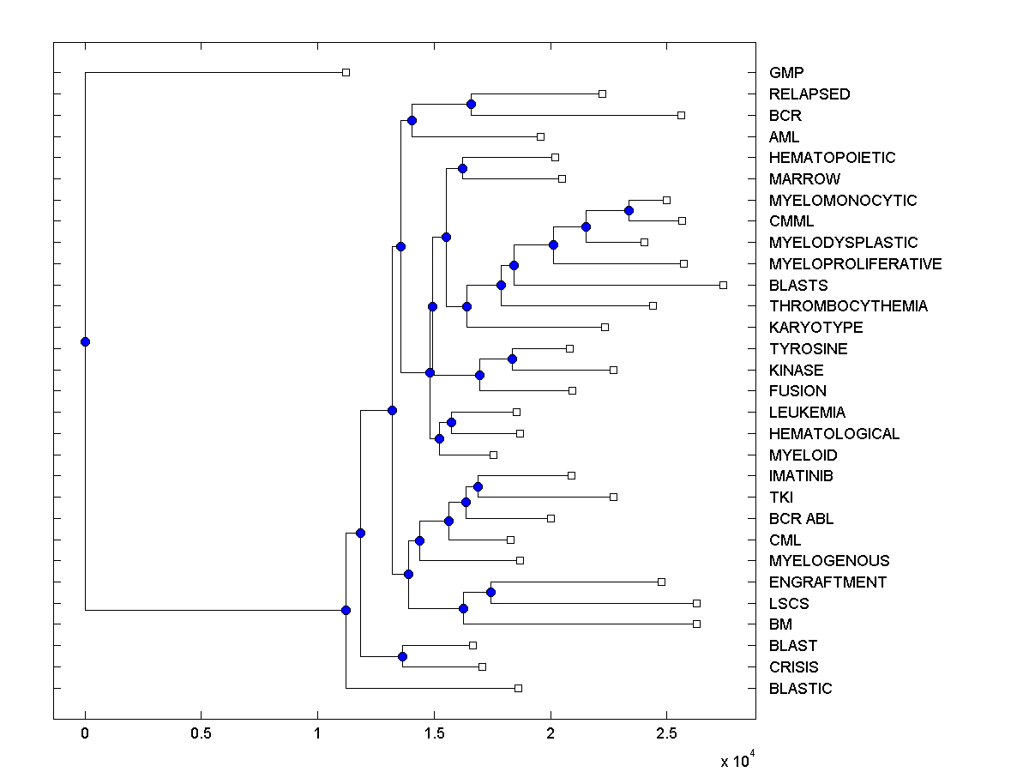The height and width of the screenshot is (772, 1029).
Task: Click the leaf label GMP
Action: pyautogui.click(x=786, y=73)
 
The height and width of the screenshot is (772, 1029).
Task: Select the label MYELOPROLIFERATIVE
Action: pyautogui.click(x=855, y=264)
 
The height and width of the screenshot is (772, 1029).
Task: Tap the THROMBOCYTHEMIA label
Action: pyautogui.click(x=848, y=306)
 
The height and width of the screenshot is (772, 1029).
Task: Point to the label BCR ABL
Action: pyautogui.click(x=801, y=519)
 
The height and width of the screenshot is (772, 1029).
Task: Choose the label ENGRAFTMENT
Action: pyautogui.click(x=827, y=582)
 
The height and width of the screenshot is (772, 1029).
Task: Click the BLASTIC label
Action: pyautogui.click(x=800, y=689)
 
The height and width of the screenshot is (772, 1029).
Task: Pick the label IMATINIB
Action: pyautogui.click(x=801, y=476)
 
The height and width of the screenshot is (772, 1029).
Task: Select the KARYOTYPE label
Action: pyautogui.click(x=815, y=328)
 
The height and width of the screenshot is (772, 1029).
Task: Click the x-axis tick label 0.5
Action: pyautogui.click(x=201, y=734)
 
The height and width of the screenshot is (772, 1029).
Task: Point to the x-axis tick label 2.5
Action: pyautogui.click(x=666, y=734)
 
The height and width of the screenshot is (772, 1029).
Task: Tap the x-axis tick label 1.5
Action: pyautogui.click(x=434, y=734)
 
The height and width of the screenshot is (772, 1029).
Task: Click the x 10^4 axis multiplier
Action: pyautogui.click(x=737, y=760)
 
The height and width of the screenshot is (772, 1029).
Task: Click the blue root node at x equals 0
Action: pyautogui.click(x=85, y=341)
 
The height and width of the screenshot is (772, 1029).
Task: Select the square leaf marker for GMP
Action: pyautogui.click(x=346, y=72)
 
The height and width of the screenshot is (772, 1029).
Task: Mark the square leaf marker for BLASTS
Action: pyautogui.click(x=723, y=285)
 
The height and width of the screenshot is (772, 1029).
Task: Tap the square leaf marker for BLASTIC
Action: pyautogui.click(x=518, y=688)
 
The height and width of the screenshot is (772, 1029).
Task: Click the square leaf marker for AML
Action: pyautogui.click(x=540, y=136)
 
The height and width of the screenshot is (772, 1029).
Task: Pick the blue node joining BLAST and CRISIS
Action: pyautogui.click(x=402, y=656)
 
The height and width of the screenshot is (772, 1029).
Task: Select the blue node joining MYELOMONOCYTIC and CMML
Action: pyautogui.click(x=629, y=210)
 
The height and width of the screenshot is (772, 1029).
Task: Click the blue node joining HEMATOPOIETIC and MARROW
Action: pyautogui.click(x=462, y=168)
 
